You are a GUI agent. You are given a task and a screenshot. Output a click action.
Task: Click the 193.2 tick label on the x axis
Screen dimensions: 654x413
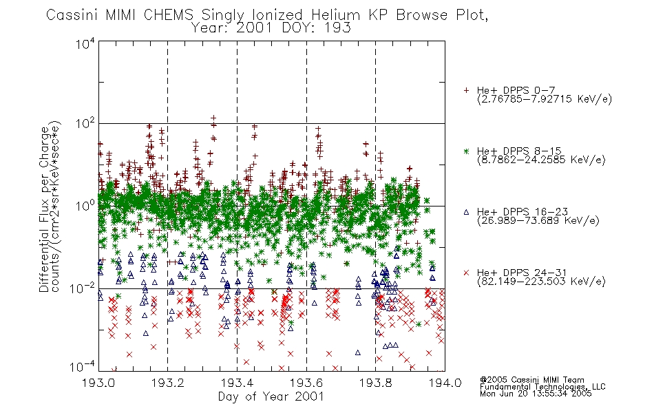point(168,382)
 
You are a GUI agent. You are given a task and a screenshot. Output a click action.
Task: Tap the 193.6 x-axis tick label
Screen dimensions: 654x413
point(306,382)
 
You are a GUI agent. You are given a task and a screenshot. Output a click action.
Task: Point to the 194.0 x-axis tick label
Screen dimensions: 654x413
point(445,382)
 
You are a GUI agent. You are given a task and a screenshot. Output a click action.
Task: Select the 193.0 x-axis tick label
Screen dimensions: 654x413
point(98,382)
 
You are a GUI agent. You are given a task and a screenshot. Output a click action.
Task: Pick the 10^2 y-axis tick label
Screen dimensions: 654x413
point(85,123)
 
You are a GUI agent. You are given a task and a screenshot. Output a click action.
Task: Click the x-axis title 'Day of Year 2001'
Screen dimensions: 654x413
point(271,396)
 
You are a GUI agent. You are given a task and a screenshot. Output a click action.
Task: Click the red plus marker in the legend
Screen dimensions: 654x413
point(466,90)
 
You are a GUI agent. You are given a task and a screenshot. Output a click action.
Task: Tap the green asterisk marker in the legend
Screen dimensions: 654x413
point(466,151)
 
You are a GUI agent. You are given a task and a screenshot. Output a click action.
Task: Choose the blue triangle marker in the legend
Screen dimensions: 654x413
point(466,212)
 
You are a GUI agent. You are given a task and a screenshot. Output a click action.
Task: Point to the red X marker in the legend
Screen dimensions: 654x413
point(466,273)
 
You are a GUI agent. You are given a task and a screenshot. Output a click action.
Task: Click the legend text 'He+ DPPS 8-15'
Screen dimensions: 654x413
point(519,151)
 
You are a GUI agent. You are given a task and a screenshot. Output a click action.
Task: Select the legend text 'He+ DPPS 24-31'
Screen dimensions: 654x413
point(523,273)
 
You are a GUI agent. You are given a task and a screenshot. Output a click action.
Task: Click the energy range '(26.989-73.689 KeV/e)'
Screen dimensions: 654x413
point(538,220)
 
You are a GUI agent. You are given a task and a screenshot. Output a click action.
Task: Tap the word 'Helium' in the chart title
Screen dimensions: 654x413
point(335,15)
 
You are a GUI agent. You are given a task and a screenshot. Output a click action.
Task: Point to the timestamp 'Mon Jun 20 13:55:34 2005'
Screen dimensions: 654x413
point(536,394)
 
